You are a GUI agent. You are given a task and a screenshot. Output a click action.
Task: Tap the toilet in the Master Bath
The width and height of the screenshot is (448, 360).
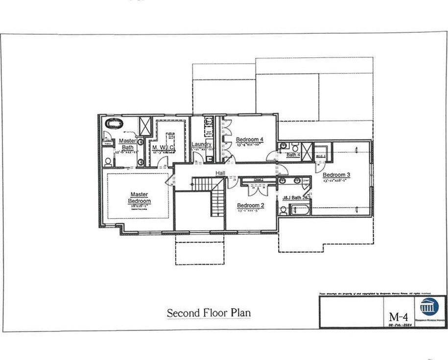tap(108, 161)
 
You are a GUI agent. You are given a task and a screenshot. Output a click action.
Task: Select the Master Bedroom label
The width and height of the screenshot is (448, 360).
tap(139, 198)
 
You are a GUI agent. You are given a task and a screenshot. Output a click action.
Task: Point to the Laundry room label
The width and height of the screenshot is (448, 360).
tap(201, 144)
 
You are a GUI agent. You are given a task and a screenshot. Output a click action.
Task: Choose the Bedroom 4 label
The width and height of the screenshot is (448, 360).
tap(250, 140)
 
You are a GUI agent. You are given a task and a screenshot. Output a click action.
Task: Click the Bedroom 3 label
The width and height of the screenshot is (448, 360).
tap(336, 175)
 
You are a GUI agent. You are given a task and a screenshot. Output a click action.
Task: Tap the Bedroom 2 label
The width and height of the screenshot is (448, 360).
tap(251, 205)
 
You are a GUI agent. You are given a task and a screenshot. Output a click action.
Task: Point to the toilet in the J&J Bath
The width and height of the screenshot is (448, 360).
tap(283, 211)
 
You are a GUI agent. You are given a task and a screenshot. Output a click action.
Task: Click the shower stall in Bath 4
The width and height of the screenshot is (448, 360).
tap(307, 150)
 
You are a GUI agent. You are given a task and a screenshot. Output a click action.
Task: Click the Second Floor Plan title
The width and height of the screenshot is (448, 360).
tap(209, 313)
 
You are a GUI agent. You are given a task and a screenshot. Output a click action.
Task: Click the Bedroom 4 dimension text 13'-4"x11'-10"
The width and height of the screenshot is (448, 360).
tap(250, 145)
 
